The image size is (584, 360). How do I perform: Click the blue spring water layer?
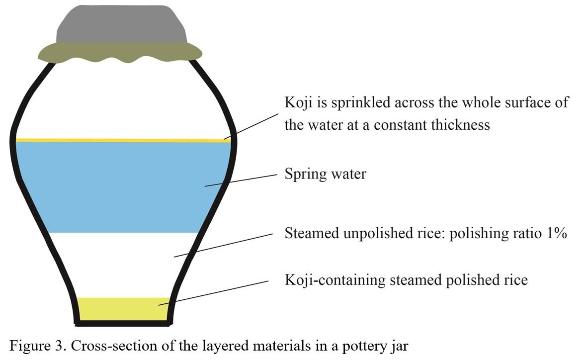coord(119,186)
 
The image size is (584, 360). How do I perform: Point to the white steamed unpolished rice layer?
coord(124,264)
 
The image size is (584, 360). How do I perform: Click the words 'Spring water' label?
coord(325,175)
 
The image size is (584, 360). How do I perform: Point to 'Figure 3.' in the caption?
coord(32,346)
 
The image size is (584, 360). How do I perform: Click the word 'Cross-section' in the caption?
coord(100,346)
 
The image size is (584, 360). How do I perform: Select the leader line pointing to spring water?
coord(241,180)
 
